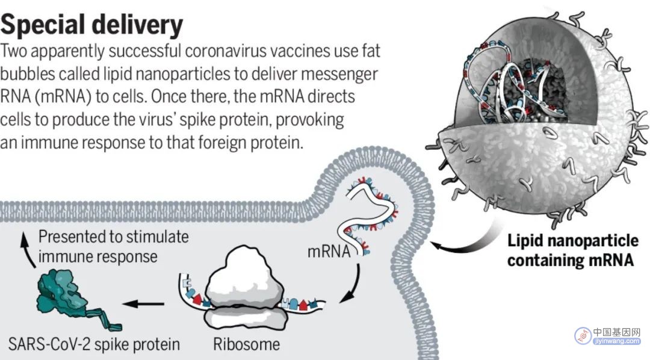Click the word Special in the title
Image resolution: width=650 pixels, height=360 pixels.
click(x=43, y=25)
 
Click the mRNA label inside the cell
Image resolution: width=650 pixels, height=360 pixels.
click(x=329, y=251)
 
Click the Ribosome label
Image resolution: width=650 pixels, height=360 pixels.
click(x=246, y=344)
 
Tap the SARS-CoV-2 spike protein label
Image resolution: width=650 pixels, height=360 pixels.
click(x=94, y=344)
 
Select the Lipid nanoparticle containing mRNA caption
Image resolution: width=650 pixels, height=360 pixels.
click(x=573, y=250)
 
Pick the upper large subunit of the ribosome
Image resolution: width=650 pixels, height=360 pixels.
click(x=244, y=275)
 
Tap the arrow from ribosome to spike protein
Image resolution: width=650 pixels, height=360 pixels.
click(x=143, y=303)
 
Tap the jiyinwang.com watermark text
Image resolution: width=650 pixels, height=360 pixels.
click(x=616, y=341)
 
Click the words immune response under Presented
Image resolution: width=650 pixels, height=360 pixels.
click(x=98, y=256)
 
